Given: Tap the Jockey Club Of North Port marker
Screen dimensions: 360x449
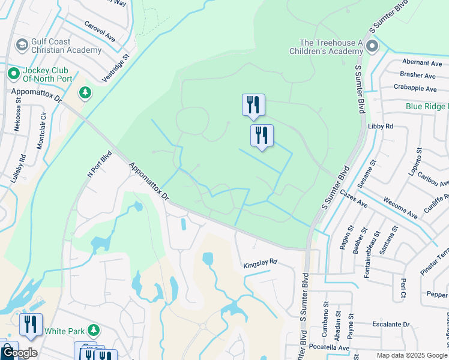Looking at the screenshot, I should [x=13, y=74].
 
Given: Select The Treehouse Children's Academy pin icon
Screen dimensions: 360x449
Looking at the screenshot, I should [x=372, y=46].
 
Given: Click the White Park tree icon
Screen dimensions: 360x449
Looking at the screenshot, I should [x=93, y=330].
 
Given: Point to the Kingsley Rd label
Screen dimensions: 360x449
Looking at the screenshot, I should [x=261, y=262].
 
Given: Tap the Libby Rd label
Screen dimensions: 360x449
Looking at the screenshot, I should [x=381, y=127].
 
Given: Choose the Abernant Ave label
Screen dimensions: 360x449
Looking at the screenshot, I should [x=422, y=62].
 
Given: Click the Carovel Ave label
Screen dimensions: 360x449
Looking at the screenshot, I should [x=100, y=32].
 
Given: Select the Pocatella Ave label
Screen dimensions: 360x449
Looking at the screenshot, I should [x=327, y=347].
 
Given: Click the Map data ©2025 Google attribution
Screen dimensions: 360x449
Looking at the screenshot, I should [x=412, y=355].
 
